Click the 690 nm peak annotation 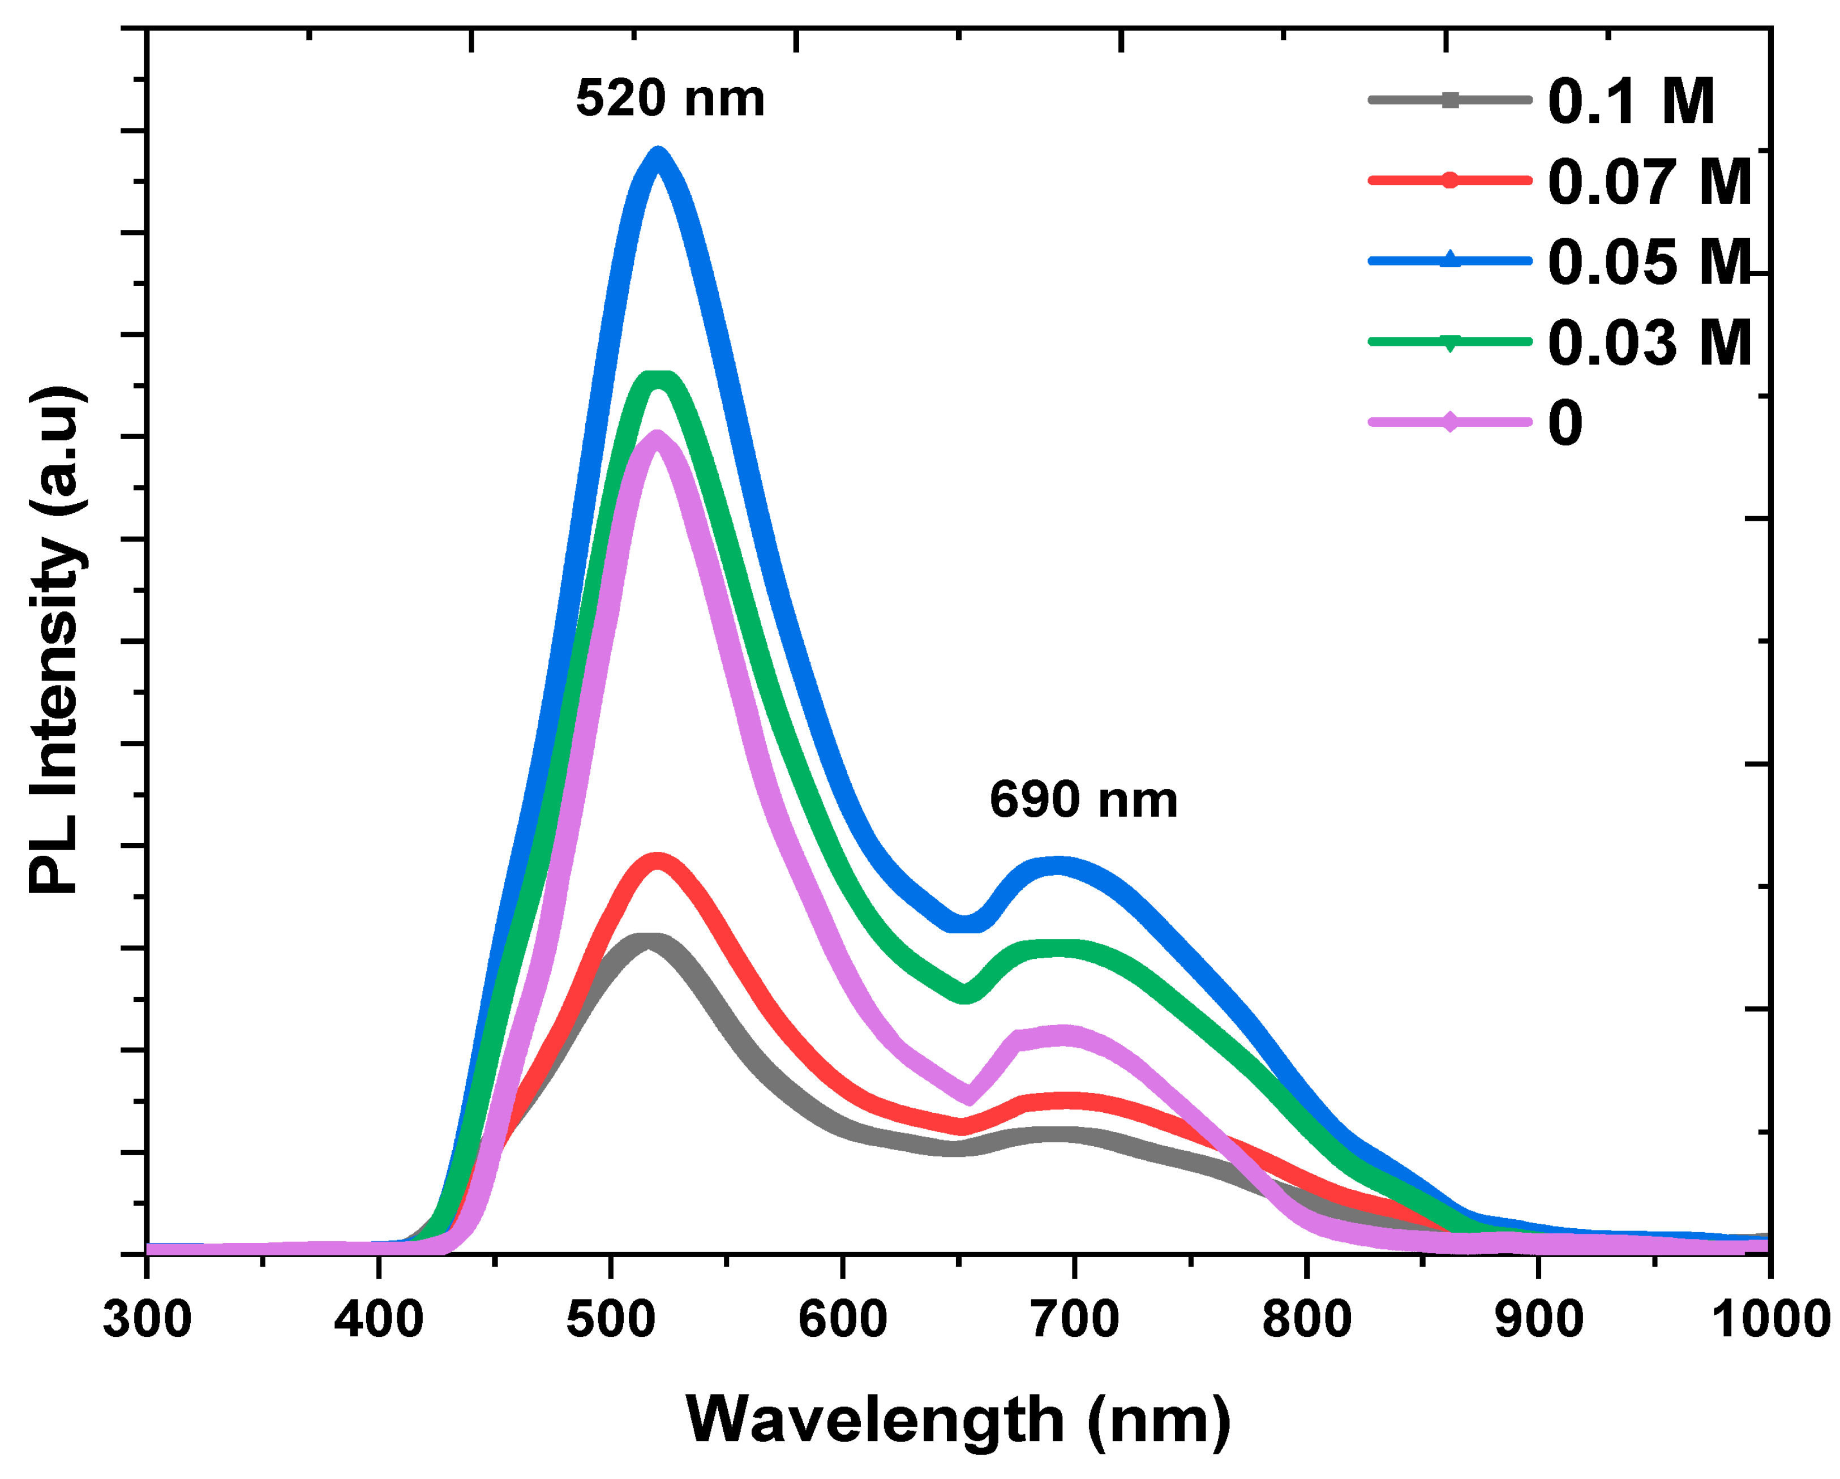pos(1083,800)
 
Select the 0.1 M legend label pos(1630,101)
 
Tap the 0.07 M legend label pos(1649,182)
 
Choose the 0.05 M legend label pos(1649,262)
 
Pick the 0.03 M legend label pos(1649,343)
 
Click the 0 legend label pos(1565,423)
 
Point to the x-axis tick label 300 pos(147,1319)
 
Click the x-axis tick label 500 pos(610,1319)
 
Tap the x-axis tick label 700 pos(1074,1319)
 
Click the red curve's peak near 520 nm pos(657,860)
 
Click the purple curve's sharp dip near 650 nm pos(968,1095)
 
